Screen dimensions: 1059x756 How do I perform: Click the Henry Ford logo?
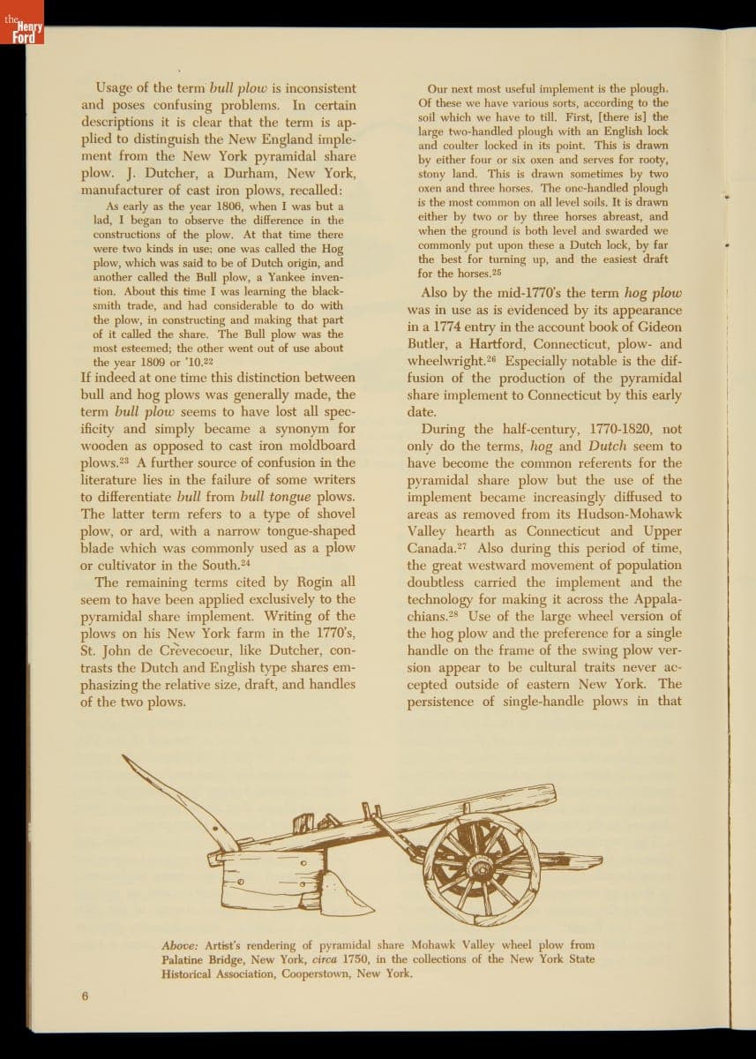tap(20, 33)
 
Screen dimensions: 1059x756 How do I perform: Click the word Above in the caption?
tap(180, 945)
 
